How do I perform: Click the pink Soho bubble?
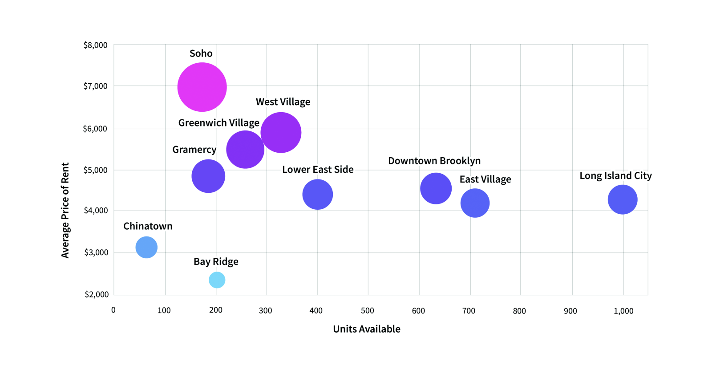(202, 87)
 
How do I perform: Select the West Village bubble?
(281, 132)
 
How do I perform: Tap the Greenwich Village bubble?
(245, 150)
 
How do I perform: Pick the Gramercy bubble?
(208, 176)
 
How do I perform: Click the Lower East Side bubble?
(318, 194)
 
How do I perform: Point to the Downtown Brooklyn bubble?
(436, 188)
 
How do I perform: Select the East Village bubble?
(475, 203)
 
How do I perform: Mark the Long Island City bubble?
(623, 199)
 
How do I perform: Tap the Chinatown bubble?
(146, 247)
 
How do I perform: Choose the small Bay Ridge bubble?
(217, 280)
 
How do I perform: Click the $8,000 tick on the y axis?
(95, 45)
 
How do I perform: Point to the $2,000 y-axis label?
(97, 294)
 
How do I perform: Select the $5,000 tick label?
(95, 170)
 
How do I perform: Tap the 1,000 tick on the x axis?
(623, 311)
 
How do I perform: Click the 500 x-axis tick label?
(367, 311)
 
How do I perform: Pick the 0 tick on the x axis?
(113, 310)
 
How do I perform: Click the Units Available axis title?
(367, 329)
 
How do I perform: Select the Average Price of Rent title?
(65, 210)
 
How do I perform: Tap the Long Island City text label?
(615, 176)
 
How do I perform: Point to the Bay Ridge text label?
(216, 262)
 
